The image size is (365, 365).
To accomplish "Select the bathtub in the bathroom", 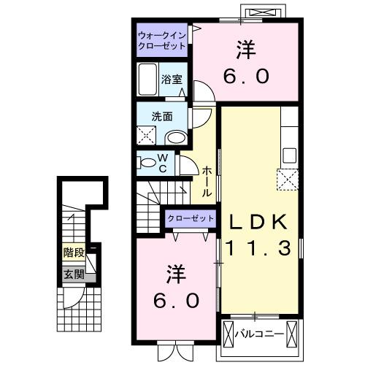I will tap(147, 80).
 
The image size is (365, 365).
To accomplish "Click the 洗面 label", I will tap(161, 116).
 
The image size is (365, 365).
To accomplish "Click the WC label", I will tap(163, 163).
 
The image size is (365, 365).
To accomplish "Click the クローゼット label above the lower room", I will tap(191, 218).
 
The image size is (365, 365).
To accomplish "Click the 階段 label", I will tap(72, 255).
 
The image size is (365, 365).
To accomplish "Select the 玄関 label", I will tap(72, 274).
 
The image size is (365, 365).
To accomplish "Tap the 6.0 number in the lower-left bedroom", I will tap(175, 300).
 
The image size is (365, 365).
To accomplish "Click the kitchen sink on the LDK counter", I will tap(289, 155).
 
